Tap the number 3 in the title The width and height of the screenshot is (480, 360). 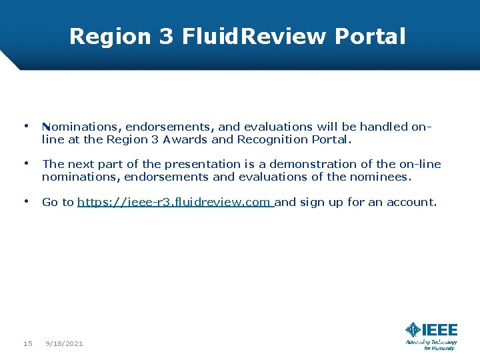166,36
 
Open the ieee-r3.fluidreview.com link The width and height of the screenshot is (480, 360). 175,202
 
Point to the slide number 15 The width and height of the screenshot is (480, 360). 28,343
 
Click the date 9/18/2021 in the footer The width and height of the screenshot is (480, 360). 64,343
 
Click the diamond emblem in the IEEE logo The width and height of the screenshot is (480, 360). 413,330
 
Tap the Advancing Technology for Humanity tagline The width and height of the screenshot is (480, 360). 431,345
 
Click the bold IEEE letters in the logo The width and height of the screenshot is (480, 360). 440,330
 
